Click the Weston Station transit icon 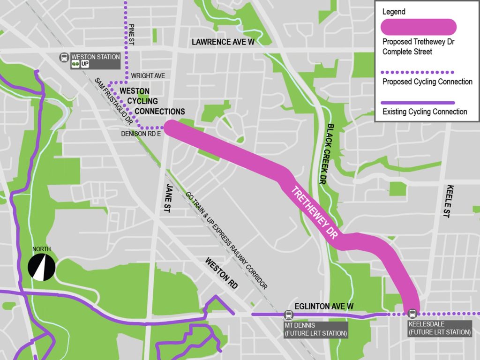(64, 57)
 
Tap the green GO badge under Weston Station (75, 65)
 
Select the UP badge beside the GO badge (85, 65)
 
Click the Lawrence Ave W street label (223, 42)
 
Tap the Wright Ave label (148, 75)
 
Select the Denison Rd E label (141, 135)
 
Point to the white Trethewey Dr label (315, 214)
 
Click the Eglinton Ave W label (324, 306)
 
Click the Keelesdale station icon (412, 314)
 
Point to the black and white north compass (42, 267)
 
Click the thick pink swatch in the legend (419, 27)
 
